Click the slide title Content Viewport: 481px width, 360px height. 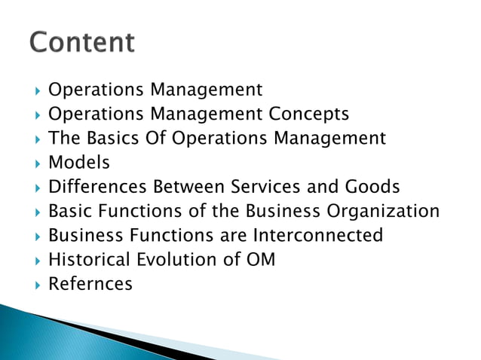[82, 41]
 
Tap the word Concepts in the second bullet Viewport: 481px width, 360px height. [309, 114]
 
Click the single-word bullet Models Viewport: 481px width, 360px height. [79, 163]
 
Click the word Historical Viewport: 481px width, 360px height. [90, 260]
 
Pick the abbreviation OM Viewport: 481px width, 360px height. [259, 260]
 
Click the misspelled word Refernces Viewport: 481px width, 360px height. [90, 284]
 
